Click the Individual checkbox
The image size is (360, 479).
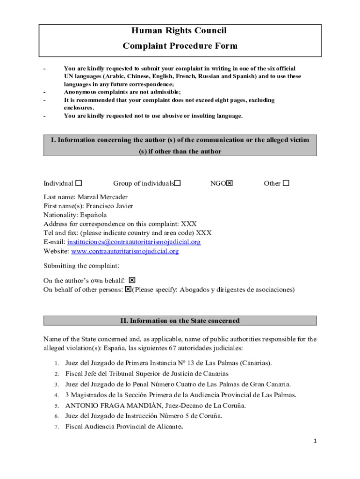coord(79,183)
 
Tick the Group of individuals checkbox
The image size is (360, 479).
coord(178,183)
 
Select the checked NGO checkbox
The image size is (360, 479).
coord(229,183)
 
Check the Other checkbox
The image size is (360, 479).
coord(286,183)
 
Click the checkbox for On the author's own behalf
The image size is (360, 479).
coord(132,280)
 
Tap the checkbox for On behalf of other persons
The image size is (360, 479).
coord(128,290)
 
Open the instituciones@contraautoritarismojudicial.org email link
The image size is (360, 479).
coord(134,242)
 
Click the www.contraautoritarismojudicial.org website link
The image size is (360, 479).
coord(125,251)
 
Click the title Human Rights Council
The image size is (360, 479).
coord(179,31)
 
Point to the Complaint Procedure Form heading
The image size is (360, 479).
coord(180,46)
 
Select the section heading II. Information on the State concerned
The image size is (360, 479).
coord(180,321)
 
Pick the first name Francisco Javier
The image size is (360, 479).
coord(109,206)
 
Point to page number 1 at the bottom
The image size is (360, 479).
coord(316,441)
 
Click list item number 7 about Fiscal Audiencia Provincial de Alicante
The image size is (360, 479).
coord(124,426)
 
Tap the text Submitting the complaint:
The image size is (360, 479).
coord(81,266)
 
